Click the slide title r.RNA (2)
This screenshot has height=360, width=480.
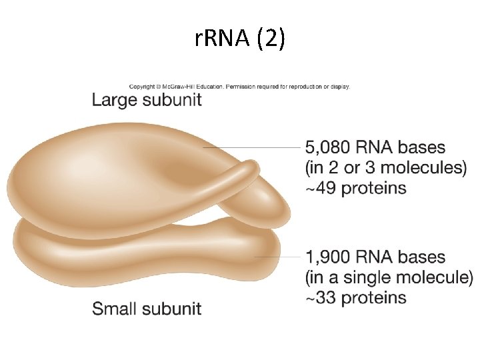240,39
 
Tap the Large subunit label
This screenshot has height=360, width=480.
147,101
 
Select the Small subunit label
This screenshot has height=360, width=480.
147,309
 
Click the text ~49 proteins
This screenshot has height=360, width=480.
355,188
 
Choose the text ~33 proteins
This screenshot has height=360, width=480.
355,297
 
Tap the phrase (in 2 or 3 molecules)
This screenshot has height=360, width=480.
386,167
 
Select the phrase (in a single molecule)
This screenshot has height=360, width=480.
389,277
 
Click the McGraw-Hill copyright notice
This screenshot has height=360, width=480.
239,86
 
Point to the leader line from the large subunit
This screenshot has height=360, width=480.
253,147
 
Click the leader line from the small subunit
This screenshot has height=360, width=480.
277,257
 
